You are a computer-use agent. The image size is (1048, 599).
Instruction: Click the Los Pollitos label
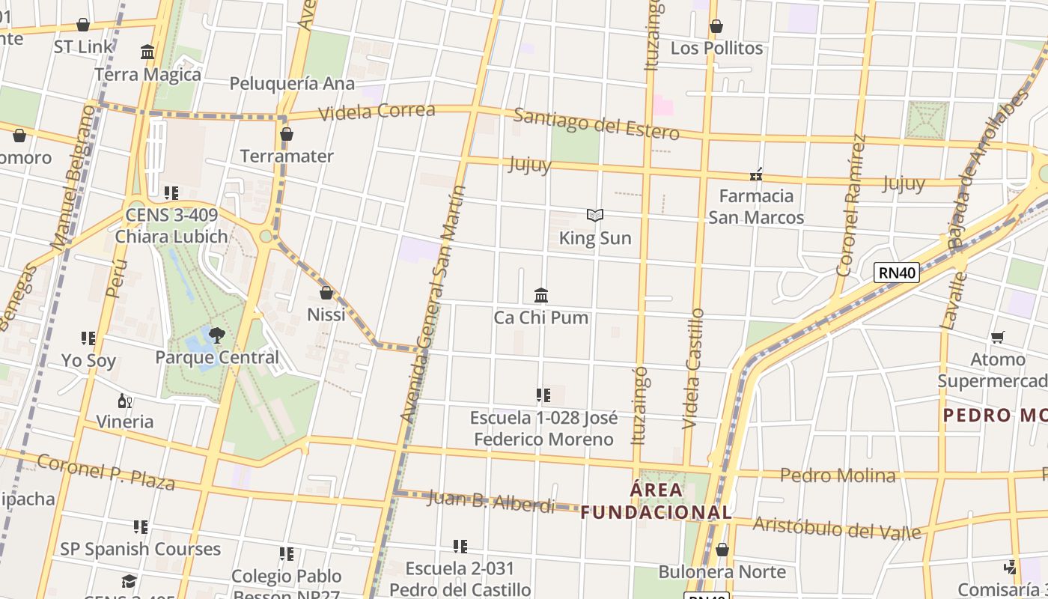[716, 48]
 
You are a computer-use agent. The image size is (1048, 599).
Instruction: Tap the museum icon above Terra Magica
[147, 52]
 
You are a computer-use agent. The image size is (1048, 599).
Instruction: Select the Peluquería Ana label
[291, 83]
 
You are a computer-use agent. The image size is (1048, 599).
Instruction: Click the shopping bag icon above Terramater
[286, 134]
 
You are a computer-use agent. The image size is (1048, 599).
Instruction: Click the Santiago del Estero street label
[596, 124]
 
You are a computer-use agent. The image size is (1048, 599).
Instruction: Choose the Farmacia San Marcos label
[756, 207]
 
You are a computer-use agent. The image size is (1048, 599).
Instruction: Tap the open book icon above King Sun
[595, 216]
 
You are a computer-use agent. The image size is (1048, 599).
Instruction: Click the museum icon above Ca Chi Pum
[541, 295]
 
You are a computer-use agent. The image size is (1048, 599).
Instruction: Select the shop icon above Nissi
[326, 292]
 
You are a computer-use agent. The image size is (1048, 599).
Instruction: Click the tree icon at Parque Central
[217, 335]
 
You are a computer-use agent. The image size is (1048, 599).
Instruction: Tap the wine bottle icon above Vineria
[125, 401]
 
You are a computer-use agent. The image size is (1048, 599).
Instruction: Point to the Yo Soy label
[89, 361]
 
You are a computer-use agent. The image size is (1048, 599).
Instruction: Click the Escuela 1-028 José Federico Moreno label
[543, 428]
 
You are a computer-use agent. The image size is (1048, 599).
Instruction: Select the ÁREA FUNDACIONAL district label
[656, 501]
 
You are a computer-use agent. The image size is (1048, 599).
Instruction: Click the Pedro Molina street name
[838, 475]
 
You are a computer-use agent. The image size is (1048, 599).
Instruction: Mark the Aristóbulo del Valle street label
[836, 528]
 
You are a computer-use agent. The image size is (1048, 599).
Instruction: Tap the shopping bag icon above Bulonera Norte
[722, 550]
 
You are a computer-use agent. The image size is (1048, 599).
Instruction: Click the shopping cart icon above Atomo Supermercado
[997, 338]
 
